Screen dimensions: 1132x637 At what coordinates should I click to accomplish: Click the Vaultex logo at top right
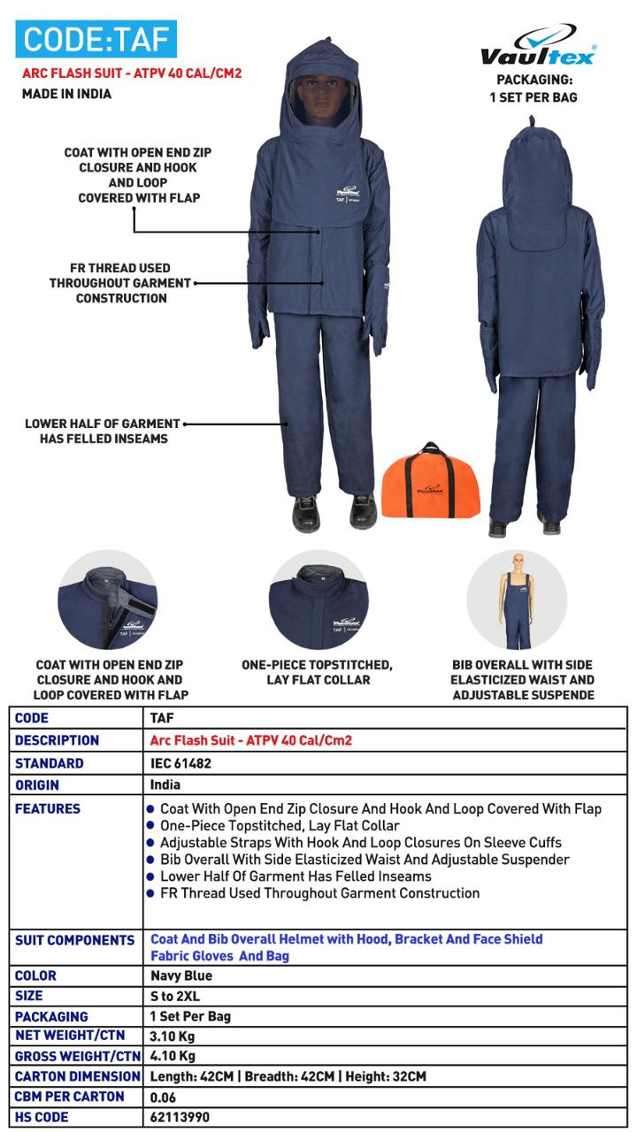[538, 46]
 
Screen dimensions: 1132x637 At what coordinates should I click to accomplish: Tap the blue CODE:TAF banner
[96, 40]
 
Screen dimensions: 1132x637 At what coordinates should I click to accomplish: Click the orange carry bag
[431, 483]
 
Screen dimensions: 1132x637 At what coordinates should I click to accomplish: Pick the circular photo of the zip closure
[108, 600]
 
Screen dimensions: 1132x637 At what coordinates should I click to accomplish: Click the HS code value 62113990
[180, 1117]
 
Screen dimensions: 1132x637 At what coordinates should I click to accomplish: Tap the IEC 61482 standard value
[180, 763]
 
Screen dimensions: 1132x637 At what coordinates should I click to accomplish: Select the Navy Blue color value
[181, 975]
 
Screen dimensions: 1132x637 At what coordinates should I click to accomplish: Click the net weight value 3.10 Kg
[173, 1036]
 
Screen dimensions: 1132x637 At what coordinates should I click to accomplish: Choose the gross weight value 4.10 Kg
[173, 1056]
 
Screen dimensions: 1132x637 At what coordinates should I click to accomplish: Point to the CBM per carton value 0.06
[163, 1097]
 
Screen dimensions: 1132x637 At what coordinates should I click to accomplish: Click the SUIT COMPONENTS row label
[75, 940]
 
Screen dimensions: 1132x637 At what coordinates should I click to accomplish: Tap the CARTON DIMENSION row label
[78, 1076]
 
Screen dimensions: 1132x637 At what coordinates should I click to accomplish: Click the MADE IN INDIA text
[66, 94]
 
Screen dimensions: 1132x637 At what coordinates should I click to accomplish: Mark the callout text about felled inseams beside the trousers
[103, 431]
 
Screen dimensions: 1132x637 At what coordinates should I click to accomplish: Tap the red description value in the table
[251, 740]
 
